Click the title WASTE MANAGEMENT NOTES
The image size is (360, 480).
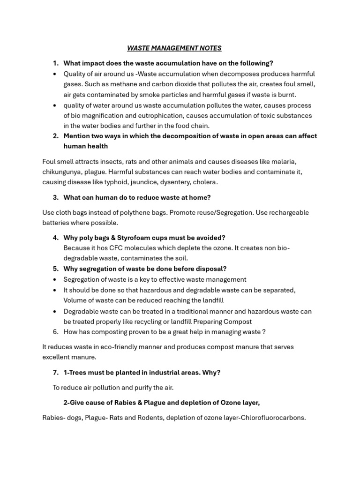click(174, 48)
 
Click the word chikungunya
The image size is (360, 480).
click(62, 172)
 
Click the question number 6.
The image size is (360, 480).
click(55, 332)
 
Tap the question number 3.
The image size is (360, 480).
click(55, 197)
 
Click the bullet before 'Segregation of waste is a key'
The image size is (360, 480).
click(55, 279)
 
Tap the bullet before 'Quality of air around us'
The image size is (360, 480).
click(55, 74)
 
